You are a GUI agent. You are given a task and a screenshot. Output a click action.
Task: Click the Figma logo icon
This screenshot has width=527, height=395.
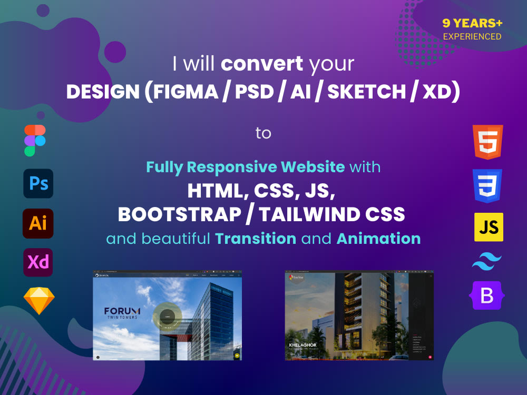click(x=35, y=141)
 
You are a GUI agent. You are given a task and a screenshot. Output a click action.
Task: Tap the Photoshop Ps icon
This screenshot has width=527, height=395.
click(x=38, y=183)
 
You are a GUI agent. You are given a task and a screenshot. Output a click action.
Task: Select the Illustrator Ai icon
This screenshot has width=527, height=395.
click(x=38, y=223)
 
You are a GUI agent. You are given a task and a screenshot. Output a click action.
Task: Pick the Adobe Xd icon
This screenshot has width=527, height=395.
click(x=38, y=262)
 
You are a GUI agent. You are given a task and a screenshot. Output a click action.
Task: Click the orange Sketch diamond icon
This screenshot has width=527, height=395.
click(x=39, y=301)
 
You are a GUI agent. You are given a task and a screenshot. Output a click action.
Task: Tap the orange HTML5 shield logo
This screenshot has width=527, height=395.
click(x=488, y=142)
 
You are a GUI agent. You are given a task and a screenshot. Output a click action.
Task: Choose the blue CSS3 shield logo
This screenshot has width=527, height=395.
click(x=488, y=186)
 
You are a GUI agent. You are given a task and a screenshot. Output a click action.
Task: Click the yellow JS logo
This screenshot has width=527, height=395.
click(x=489, y=227)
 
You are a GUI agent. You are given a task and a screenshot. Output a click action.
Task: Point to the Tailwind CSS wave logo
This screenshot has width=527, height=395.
click(x=487, y=261)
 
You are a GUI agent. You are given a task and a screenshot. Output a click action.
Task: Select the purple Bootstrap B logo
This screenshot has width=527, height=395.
click(x=487, y=295)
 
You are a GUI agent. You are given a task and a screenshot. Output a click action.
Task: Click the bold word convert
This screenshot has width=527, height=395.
click(x=262, y=64)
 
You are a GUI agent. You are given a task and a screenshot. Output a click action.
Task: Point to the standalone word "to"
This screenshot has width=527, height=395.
click(x=263, y=133)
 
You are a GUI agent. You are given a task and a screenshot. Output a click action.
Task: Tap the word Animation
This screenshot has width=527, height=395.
click(x=378, y=239)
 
